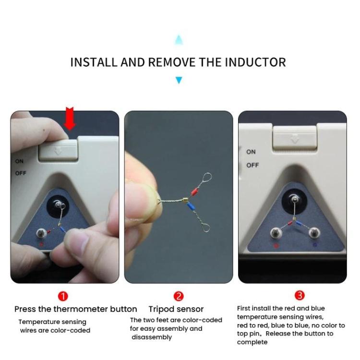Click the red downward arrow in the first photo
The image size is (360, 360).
[70, 119]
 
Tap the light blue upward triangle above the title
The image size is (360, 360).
[179, 39]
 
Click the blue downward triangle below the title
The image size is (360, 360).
[179, 80]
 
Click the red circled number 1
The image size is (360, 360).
[63, 296]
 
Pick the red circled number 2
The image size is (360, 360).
[179, 296]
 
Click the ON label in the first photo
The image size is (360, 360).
[19, 161]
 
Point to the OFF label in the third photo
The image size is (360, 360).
[252, 165]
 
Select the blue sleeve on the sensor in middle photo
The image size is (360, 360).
[191, 207]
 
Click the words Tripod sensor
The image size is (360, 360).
[176, 309]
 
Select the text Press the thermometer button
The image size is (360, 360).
[75, 309]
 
